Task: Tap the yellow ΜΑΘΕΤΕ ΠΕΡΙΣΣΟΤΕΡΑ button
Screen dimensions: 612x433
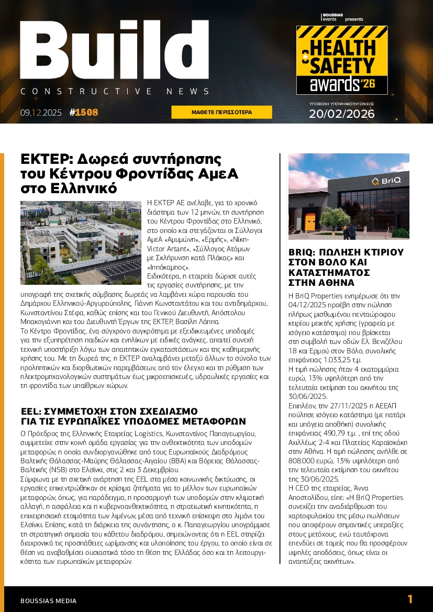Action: (x=221, y=112)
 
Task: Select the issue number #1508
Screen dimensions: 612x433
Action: (x=84, y=112)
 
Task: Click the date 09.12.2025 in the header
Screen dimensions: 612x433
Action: (x=41, y=112)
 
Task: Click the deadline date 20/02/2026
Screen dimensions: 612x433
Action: (x=341, y=114)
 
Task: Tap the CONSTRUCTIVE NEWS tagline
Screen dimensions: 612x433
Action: (x=115, y=92)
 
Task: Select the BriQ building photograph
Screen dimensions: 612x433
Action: (x=349, y=196)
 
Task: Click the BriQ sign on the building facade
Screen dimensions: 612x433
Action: (x=386, y=182)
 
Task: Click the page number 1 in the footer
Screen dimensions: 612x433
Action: (x=410, y=599)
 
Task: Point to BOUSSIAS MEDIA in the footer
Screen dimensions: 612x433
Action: (x=48, y=600)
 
